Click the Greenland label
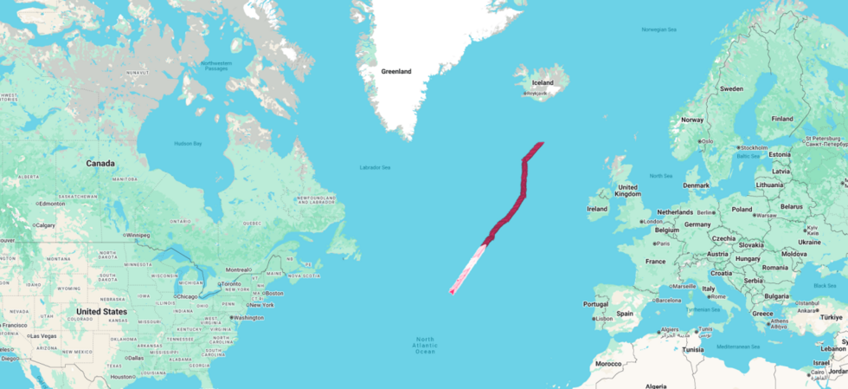click(x=396, y=71)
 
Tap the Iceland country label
click(x=543, y=83)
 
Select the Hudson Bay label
click(x=187, y=143)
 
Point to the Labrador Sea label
click(x=376, y=167)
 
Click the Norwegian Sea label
click(x=658, y=29)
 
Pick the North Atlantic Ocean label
click(x=425, y=345)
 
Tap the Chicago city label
click(x=184, y=297)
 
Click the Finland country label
click(x=782, y=119)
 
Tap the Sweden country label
click(x=732, y=88)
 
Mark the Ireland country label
click(x=597, y=209)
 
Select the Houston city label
click(x=122, y=376)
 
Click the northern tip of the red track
click(x=542, y=143)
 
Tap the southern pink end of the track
click(x=452, y=292)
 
